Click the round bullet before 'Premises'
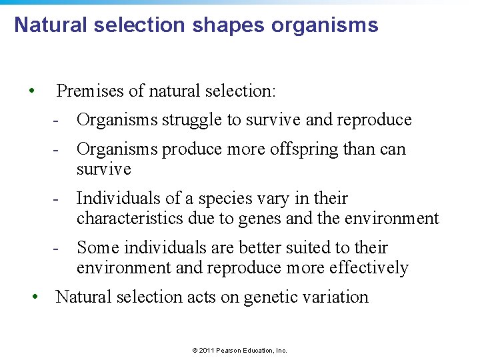point(32,91)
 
